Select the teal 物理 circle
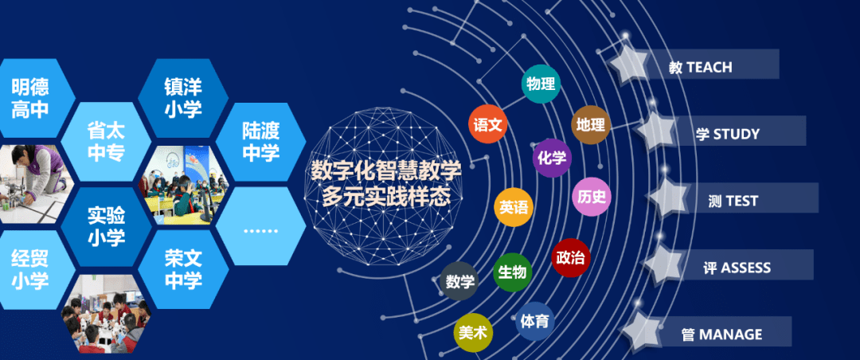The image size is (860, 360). coord(541,84)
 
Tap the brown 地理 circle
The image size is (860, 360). coord(591,125)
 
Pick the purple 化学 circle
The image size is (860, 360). coord(552,158)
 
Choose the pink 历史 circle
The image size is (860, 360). coord(592,196)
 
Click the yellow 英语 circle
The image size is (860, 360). coord(514,208)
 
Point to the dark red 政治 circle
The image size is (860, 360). coord(570,258)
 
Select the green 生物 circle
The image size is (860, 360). coord(512,272)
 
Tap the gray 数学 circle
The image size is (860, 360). coord(459,281)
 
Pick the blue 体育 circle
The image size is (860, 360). coord(534,322)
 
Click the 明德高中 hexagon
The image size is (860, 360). coord(30,99)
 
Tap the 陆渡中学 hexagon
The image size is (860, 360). coord(260,142)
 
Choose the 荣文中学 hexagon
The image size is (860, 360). coord(184,269)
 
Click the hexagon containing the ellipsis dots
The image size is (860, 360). coord(260,229)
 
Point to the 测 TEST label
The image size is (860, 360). coord(733,201)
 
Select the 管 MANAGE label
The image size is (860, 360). coord(721,335)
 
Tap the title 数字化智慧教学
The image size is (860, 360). coord(385,170)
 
